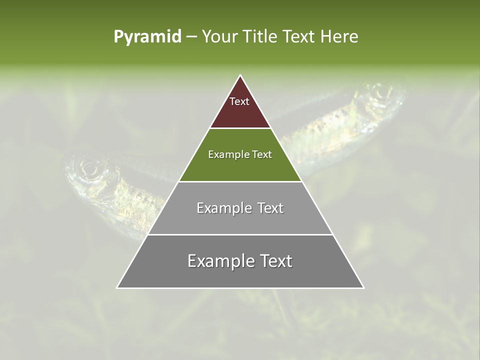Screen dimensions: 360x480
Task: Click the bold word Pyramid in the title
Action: pyautogui.click(x=147, y=37)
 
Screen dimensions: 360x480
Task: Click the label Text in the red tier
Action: pyautogui.click(x=239, y=101)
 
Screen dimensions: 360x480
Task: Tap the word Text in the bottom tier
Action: pyautogui.click(x=274, y=261)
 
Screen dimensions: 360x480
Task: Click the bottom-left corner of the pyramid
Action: pyautogui.click(x=117, y=287)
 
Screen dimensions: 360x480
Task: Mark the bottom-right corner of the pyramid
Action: pyautogui.click(x=363, y=287)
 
